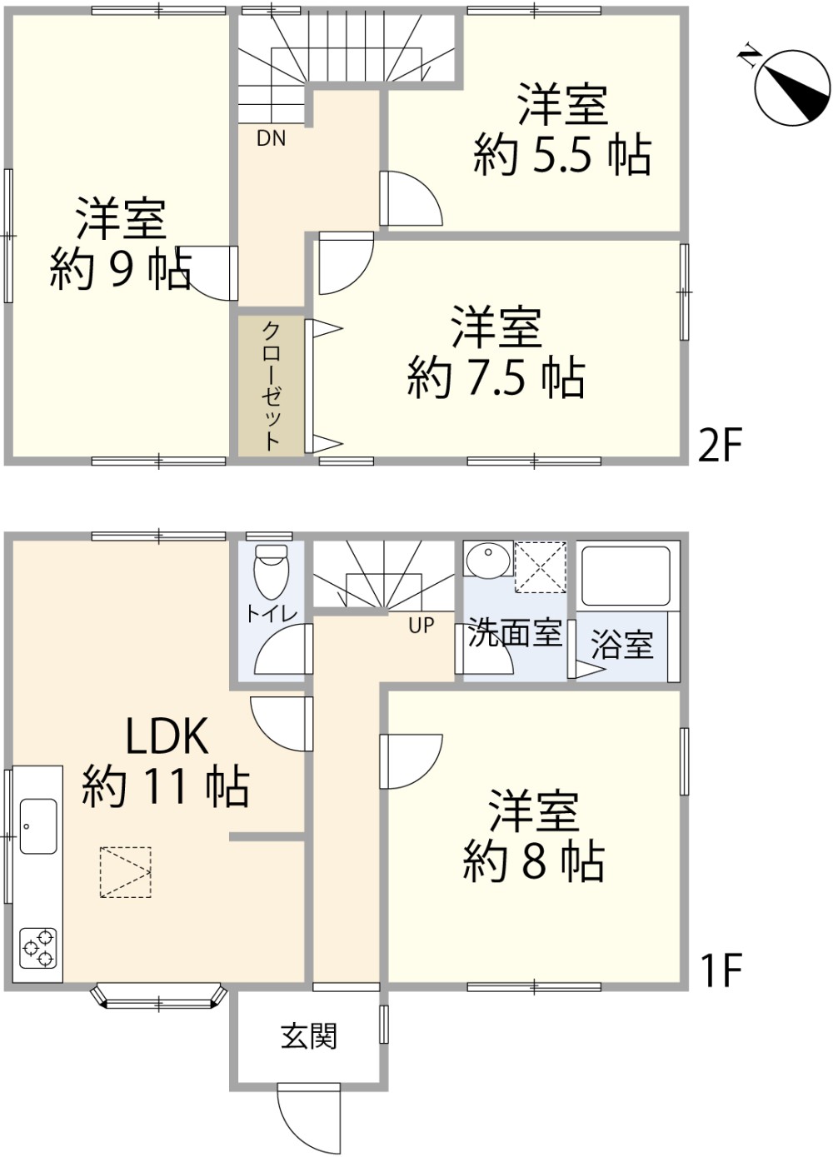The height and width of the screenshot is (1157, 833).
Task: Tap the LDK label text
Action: click(x=167, y=736)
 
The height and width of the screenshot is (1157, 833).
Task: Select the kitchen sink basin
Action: click(x=38, y=825)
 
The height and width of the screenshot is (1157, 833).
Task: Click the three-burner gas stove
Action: click(x=38, y=947)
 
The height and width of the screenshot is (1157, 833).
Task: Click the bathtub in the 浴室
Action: click(x=626, y=576)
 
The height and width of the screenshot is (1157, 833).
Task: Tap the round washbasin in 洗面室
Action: click(x=488, y=560)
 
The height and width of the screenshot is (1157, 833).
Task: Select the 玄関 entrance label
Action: click(x=309, y=1036)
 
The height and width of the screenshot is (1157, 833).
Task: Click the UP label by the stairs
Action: click(x=421, y=625)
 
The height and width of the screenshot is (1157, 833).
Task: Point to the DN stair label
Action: click(x=271, y=138)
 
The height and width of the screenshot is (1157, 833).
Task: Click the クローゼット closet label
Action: click(x=272, y=385)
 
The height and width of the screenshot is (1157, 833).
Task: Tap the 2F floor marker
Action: click(x=719, y=446)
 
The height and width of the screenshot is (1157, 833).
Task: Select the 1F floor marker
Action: click(x=720, y=970)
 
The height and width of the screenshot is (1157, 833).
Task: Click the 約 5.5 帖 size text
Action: click(x=562, y=155)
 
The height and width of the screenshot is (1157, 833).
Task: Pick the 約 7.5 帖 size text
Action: click(x=496, y=377)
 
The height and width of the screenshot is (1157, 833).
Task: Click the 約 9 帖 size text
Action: click(x=121, y=269)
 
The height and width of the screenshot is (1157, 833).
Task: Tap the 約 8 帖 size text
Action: click(x=533, y=861)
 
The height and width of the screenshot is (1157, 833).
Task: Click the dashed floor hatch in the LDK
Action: click(x=126, y=872)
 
